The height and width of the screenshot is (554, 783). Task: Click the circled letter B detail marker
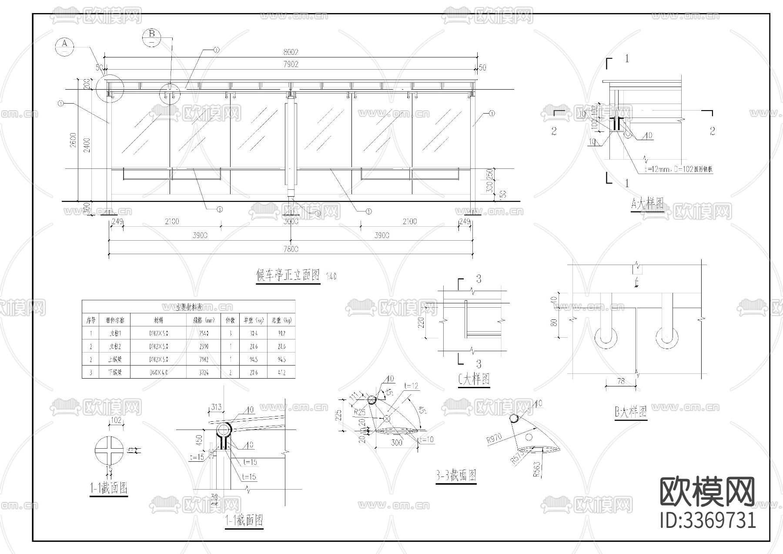pos(151,37)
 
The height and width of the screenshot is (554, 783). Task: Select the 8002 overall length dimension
pos(291,52)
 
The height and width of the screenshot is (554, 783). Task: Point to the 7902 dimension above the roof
pos(291,64)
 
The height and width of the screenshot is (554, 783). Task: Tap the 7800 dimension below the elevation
pos(291,249)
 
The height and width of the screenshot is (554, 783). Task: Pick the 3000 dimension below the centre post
pos(291,222)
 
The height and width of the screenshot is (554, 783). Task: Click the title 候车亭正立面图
pos(288,275)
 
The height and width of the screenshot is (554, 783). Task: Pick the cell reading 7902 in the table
pos(204,359)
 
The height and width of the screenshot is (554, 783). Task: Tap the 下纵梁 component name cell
pos(115,373)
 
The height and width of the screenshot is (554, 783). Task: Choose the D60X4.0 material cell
pos(158,373)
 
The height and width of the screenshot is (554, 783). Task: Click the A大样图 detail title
pos(647,203)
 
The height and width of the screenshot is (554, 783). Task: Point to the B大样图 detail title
pos(631,412)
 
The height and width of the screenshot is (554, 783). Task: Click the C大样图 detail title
pos(474,379)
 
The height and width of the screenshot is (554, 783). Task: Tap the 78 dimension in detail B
pos(621,381)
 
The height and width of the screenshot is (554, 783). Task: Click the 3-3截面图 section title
pos(456,476)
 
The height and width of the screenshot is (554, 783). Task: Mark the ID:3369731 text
pos(708,520)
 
